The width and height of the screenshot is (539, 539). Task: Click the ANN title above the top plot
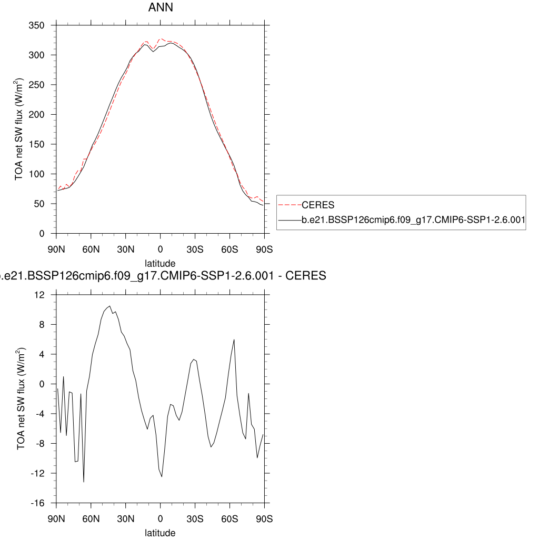160,8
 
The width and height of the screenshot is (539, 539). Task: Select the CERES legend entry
318,205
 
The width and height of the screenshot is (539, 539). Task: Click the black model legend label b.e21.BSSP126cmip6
413,221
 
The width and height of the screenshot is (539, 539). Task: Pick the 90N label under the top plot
57,248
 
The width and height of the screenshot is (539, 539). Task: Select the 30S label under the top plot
195,248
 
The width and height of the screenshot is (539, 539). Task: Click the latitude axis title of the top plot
160,263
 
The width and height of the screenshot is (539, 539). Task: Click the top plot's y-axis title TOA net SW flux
19,129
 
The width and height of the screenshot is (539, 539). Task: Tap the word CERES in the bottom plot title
309,275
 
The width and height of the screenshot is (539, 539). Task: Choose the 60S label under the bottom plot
229,518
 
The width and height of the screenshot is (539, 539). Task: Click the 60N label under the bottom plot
91,518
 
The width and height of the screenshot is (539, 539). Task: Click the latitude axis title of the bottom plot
160,533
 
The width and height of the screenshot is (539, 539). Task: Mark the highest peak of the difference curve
109,306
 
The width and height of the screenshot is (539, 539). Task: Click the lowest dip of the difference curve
84,482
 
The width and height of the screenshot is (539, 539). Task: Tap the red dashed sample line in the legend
290,205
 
